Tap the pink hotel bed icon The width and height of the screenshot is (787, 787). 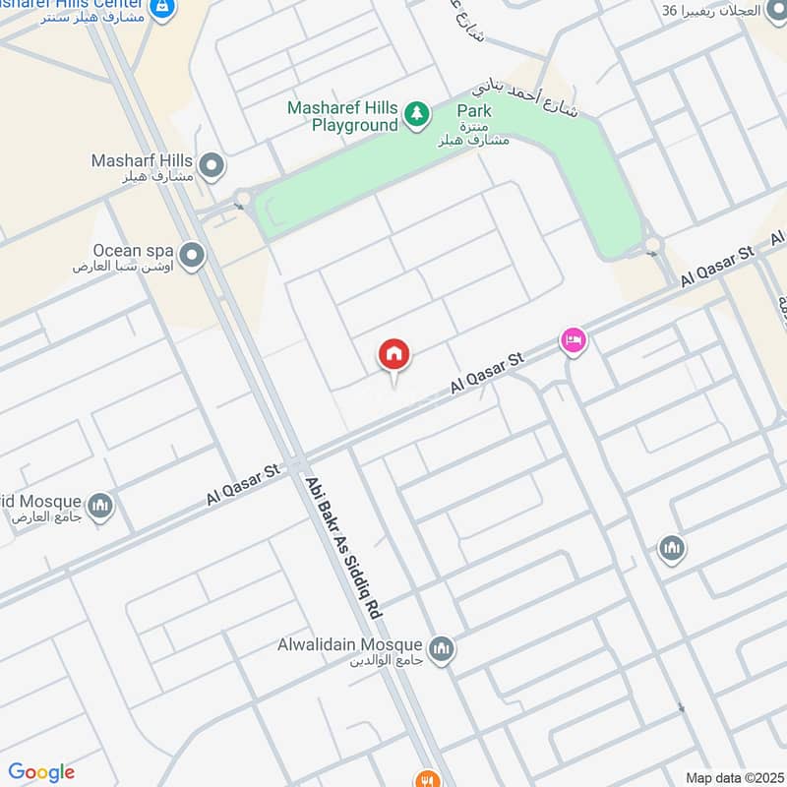coord(573,341)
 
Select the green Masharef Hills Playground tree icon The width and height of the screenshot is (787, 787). coord(418,115)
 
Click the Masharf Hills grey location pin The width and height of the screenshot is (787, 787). coord(210,164)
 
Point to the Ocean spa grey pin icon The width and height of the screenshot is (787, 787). coord(193,257)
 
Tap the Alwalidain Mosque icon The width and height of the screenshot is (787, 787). coord(442,649)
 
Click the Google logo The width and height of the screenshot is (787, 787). coord(41,772)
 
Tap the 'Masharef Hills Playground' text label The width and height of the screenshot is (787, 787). coord(342,116)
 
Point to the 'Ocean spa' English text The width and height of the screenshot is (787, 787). coord(129,250)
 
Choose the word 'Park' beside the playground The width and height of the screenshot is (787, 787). coord(474,111)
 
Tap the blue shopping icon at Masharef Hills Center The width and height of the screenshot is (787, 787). coord(164,10)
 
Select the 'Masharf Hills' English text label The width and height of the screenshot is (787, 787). coord(142,159)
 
